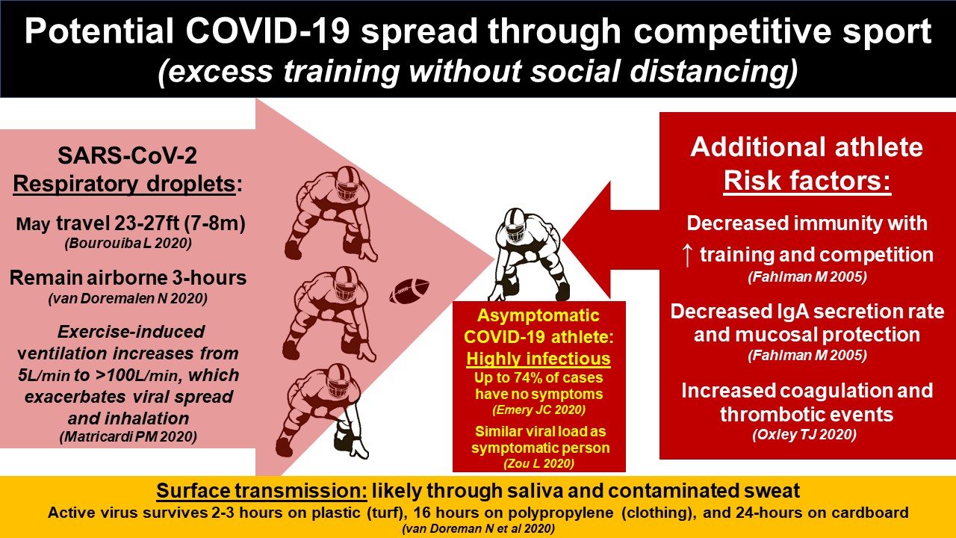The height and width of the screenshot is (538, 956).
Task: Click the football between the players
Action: [409, 291]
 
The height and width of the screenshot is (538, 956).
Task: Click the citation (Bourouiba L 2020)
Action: [128, 243]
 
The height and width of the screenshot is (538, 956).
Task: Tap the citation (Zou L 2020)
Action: [538, 463]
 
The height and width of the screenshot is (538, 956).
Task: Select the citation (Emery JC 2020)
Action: [538, 410]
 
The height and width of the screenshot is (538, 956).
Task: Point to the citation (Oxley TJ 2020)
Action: [804, 435]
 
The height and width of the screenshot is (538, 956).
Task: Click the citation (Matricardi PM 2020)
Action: [128, 437]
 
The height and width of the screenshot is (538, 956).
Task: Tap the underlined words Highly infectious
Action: [538, 359]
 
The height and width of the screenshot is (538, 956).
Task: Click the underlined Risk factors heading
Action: [807, 181]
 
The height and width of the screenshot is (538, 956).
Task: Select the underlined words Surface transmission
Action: [261, 491]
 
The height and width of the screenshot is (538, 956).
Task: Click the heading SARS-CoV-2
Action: [127, 155]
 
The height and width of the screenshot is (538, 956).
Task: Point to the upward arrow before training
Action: [686, 256]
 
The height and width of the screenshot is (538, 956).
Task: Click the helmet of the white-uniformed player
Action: [515, 224]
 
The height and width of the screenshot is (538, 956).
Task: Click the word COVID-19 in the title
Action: [268, 31]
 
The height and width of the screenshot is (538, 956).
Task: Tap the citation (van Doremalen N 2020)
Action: [128, 298]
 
